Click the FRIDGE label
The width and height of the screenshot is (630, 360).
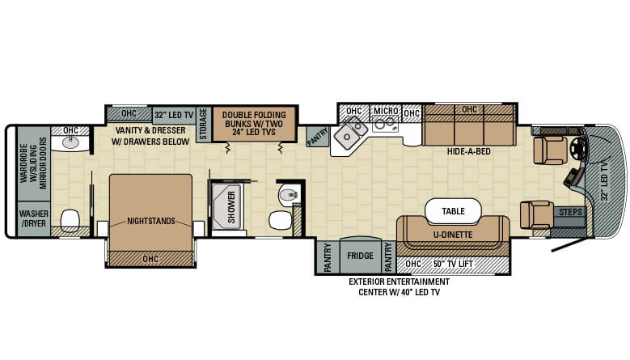tap(360, 256)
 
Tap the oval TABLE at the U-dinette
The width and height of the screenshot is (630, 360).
tap(453, 211)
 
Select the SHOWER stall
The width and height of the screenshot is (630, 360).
tap(226, 206)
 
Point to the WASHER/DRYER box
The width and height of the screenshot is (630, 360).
tap(34, 218)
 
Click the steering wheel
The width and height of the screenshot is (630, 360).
tap(578, 147)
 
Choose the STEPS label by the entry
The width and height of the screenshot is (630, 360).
tap(570, 212)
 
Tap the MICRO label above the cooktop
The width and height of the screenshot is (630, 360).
tap(386, 111)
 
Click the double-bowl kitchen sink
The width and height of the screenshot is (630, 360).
tap(350, 132)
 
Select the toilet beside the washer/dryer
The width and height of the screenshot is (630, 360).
tap(70, 221)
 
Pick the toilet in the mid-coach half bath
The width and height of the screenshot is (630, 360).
tap(280, 220)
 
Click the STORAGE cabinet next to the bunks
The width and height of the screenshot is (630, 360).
tap(204, 124)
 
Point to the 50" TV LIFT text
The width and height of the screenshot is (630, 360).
tap(453, 264)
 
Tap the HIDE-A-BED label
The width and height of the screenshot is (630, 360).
tap(468, 151)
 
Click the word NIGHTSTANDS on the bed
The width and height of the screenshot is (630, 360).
tap(151, 221)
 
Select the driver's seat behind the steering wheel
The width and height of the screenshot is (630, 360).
tap(550, 150)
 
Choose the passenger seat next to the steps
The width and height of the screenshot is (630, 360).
tap(536, 214)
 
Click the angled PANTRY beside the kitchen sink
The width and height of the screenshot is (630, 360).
tap(317, 136)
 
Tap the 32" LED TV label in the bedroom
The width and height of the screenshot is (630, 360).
tap(174, 116)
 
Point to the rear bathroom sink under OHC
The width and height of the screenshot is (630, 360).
tap(71, 142)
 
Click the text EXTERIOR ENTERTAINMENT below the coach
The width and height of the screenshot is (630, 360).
tap(399, 282)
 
